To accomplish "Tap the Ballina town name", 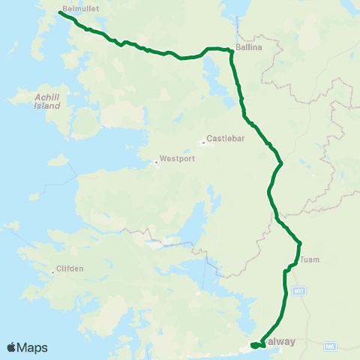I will click(x=248, y=46).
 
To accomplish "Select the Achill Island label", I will click(x=46, y=101).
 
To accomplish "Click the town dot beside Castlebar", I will click(x=202, y=142).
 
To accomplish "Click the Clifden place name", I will click(x=70, y=269).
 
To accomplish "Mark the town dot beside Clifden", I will click(x=53, y=272).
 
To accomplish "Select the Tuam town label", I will click(x=310, y=260).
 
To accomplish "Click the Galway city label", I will click(x=278, y=341).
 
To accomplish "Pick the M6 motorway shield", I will click(x=331, y=346).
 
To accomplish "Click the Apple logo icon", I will click(x=12, y=347).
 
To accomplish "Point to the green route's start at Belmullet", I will click(x=59, y=12).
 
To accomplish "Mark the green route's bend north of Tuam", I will click(x=299, y=243).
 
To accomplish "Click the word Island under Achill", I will click(x=46, y=106).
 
